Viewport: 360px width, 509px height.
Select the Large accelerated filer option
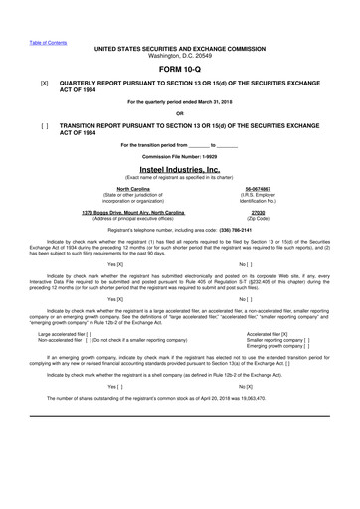tap(65, 333)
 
